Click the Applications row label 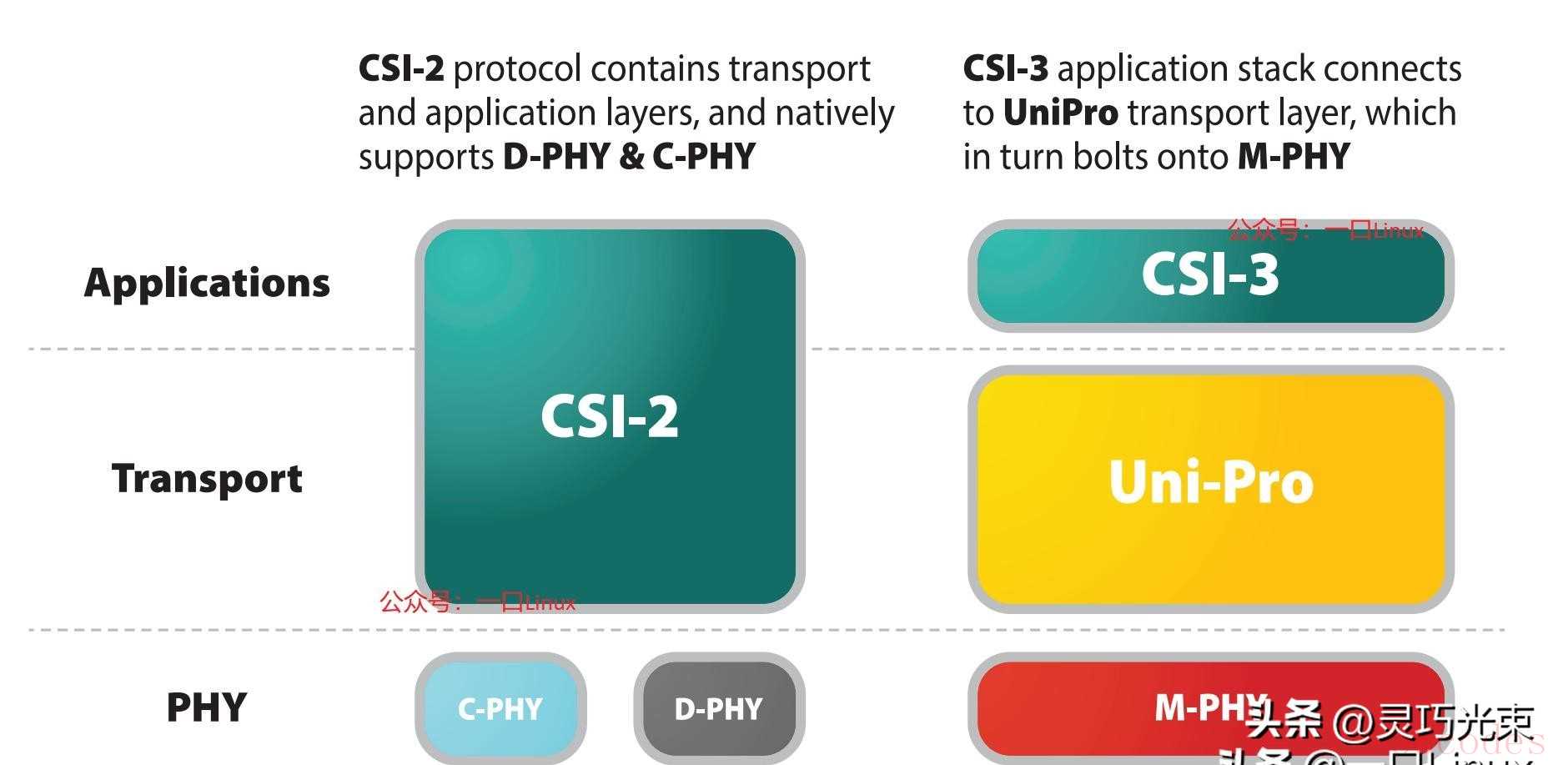tap(207, 283)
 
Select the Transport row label tap(207, 479)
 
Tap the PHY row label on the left tap(207, 707)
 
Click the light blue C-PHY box tap(500, 708)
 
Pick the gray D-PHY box tap(718, 708)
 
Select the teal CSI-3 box tap(1210, 275)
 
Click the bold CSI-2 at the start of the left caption tap(401, 68)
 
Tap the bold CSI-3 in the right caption tap(1005, 68)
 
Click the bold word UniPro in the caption tap(1060, 113)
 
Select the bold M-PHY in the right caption tap(1294, 157)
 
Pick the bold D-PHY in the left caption tap(556, 157)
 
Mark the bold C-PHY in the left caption tap(704, 157)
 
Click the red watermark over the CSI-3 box tap(1325, 229)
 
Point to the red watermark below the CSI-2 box tap(477, 601)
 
